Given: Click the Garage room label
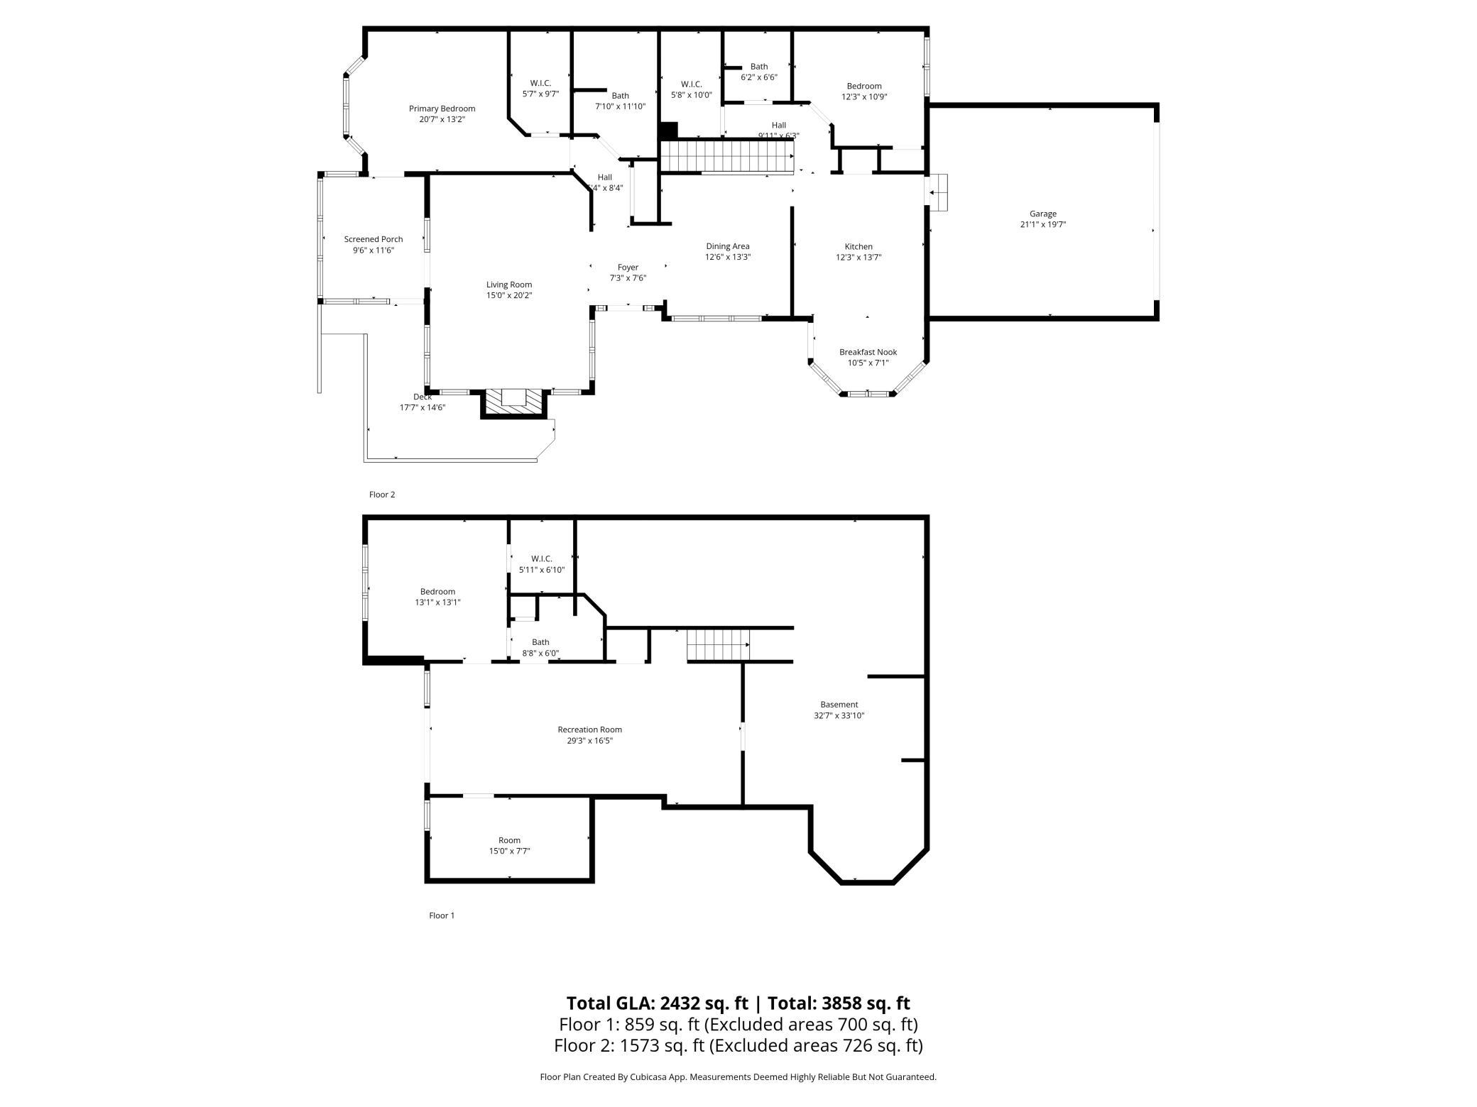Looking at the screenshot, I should click(1042, 214).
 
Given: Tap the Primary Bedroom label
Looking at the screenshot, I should click(442, 109).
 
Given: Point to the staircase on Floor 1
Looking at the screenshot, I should click(718, 644).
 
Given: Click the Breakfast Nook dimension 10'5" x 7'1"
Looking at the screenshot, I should click(868, 363).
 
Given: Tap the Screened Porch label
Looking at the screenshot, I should click(373, 239).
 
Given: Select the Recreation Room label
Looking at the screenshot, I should click(589, 729).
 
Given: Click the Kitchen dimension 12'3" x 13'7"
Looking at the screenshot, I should click(859, 258).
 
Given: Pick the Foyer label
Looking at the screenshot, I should click(628, 268).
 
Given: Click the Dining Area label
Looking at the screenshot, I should click(727, 246).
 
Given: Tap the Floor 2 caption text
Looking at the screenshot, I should click(381, 495).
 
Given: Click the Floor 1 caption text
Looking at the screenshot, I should click(441, 915).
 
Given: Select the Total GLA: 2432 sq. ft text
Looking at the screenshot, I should click(657, 1003).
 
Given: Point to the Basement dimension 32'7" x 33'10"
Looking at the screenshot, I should click(839, 715).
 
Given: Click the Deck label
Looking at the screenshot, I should click(422, 397).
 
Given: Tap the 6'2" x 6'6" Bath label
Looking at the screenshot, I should click(758, 67).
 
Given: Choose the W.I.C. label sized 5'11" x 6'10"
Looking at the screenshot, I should click(541, 558).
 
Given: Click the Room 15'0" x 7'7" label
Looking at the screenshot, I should click(509, 840).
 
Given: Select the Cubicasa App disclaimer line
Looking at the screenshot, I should click(738, 1076).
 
